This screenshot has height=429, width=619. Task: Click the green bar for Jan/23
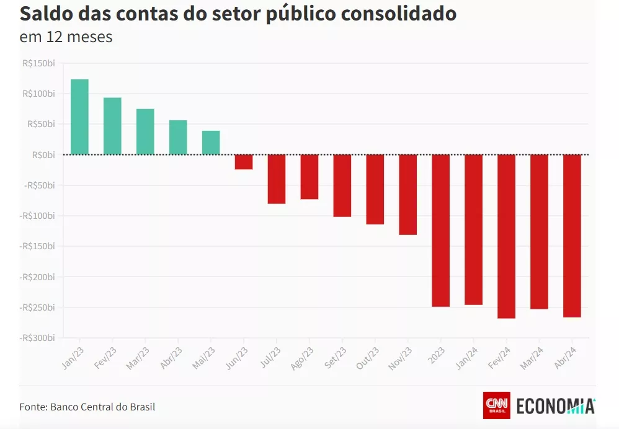(79, 117)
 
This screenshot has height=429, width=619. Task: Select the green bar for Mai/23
(211, 143)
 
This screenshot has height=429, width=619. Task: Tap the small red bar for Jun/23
(244, 162)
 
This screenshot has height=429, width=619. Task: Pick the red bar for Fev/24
(506, 236)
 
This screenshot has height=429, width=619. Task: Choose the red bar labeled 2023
(440, 231)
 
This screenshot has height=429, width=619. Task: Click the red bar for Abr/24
(572, 236)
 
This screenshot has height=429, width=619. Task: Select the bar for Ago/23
(309, 177)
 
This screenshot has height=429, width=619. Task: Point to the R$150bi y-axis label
(38, 63)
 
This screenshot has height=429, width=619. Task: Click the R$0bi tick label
(43, 155)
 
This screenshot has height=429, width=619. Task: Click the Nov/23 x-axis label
(400, 358)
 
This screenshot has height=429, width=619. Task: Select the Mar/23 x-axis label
(138, 358)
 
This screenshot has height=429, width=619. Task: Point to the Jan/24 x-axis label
(466, 358)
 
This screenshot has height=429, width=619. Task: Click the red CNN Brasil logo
(496, 405)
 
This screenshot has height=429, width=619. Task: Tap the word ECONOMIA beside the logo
(555, 406)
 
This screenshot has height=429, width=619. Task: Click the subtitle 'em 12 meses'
(66, 37)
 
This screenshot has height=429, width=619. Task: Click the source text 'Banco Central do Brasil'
(102, 407)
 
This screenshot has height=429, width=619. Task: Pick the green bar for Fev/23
(112, 126)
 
